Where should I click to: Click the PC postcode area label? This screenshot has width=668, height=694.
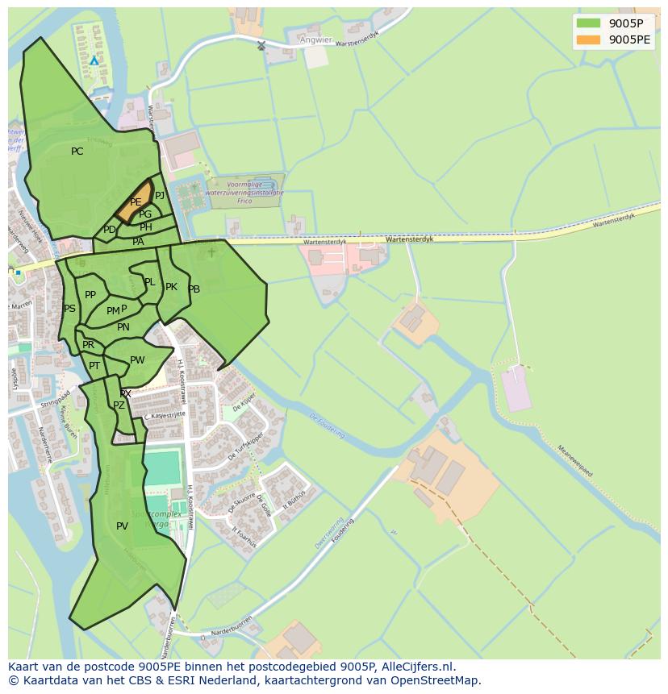[77, 152]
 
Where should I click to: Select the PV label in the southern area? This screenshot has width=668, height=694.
[122, 526]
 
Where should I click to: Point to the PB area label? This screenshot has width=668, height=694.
[194, 289]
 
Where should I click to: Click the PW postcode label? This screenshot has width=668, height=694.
[137, 360]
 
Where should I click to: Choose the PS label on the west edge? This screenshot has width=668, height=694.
[69, 309]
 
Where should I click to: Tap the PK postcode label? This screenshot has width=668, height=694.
[171, 287]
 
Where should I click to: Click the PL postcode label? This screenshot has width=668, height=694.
[149, 282]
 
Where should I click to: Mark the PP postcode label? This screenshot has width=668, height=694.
[90, 295]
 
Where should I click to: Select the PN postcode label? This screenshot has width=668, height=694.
[123, 327]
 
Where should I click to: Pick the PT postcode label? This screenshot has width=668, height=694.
[94, 366]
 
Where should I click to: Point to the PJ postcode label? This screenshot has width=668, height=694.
[160, 196]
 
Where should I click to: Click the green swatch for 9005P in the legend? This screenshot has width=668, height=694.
[589, 23]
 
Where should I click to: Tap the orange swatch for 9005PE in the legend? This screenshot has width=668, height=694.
[589, 39]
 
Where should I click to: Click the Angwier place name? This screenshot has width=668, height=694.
[315, 39]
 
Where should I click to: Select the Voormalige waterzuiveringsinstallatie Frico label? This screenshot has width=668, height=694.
[244, 193]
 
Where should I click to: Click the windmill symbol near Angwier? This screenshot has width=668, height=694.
[261, 46]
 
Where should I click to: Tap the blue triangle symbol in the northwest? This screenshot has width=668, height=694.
[94, 60]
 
